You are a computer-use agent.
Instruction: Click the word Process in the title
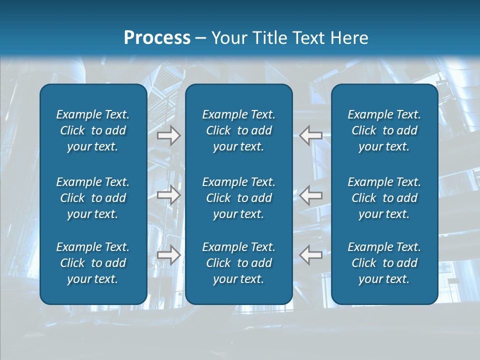coord(157,38)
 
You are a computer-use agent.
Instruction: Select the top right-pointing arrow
coord(168,135)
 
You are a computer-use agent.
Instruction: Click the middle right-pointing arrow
coord(168,195)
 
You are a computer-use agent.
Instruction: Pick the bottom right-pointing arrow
coord(168,255)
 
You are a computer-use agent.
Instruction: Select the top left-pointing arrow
coord(310,135)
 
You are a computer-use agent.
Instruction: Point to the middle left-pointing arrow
coord(310,195)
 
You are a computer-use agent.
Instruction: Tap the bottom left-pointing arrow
coord(310,255)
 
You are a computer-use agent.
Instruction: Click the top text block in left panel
coord(93,130)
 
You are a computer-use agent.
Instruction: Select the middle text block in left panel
coord(93,198)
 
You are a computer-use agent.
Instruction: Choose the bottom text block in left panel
coord(93,263)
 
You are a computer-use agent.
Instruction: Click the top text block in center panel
coord(238,130)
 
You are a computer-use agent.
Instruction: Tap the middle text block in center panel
coord(238,198)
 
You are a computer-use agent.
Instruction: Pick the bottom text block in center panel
coord(238,263)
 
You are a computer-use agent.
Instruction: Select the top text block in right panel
coord(384,130)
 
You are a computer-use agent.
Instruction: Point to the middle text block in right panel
coord(384,198)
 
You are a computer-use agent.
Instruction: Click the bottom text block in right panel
coord(384,263)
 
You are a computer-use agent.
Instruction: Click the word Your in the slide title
coord(227,38)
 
